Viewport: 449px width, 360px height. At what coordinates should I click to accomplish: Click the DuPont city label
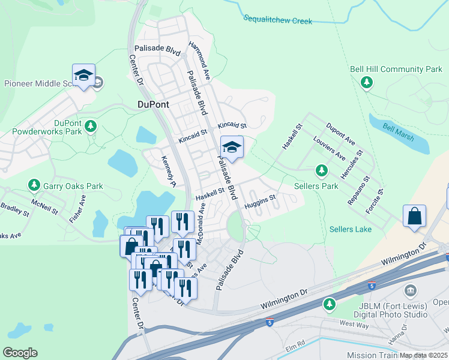[153, 104]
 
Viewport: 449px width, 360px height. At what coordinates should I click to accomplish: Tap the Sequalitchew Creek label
[278, 20]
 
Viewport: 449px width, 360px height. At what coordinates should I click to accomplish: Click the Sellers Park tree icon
[322, 170]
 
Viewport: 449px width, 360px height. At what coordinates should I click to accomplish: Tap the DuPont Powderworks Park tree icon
[91, 126]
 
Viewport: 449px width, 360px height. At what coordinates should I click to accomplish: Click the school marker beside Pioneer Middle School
[83, 76]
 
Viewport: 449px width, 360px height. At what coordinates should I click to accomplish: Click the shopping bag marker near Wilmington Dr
[414, 217]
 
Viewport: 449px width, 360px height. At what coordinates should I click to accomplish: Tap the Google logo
[20, 353]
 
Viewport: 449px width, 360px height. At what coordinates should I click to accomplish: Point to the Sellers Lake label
[351, 229]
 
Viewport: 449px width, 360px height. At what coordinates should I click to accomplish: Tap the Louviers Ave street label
[329, 148]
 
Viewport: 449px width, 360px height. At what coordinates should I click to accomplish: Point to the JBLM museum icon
[411, 292]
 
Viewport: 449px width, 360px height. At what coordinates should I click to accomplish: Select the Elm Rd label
[297, 344]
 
